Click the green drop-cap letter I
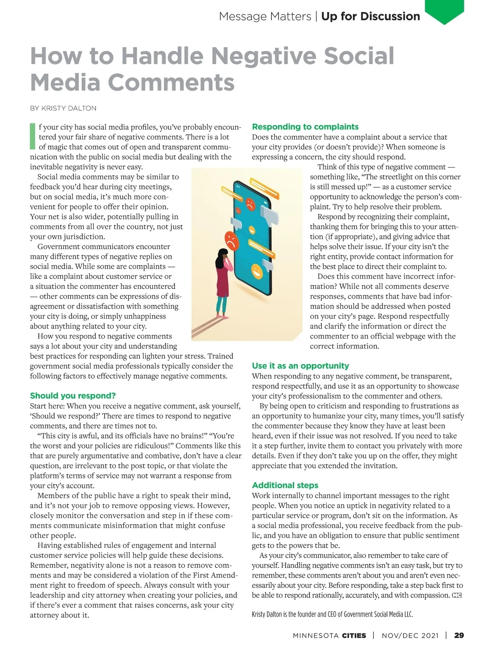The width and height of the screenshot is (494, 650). (x=33, y=136)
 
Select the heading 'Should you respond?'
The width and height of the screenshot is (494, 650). (x=73, y=396)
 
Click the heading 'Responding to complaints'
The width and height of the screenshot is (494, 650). (x=305, y=127)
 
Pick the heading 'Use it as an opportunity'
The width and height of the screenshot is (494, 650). (x=300, y=366)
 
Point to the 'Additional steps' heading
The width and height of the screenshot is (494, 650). (x=285, y=485)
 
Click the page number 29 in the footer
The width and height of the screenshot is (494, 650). (x=459, y=635)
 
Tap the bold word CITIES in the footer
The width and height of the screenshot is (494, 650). (x=354, y=636)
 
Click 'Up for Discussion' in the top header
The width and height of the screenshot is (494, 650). (x=370, y=16)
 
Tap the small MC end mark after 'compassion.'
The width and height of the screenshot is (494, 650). (x=457, y=595)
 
